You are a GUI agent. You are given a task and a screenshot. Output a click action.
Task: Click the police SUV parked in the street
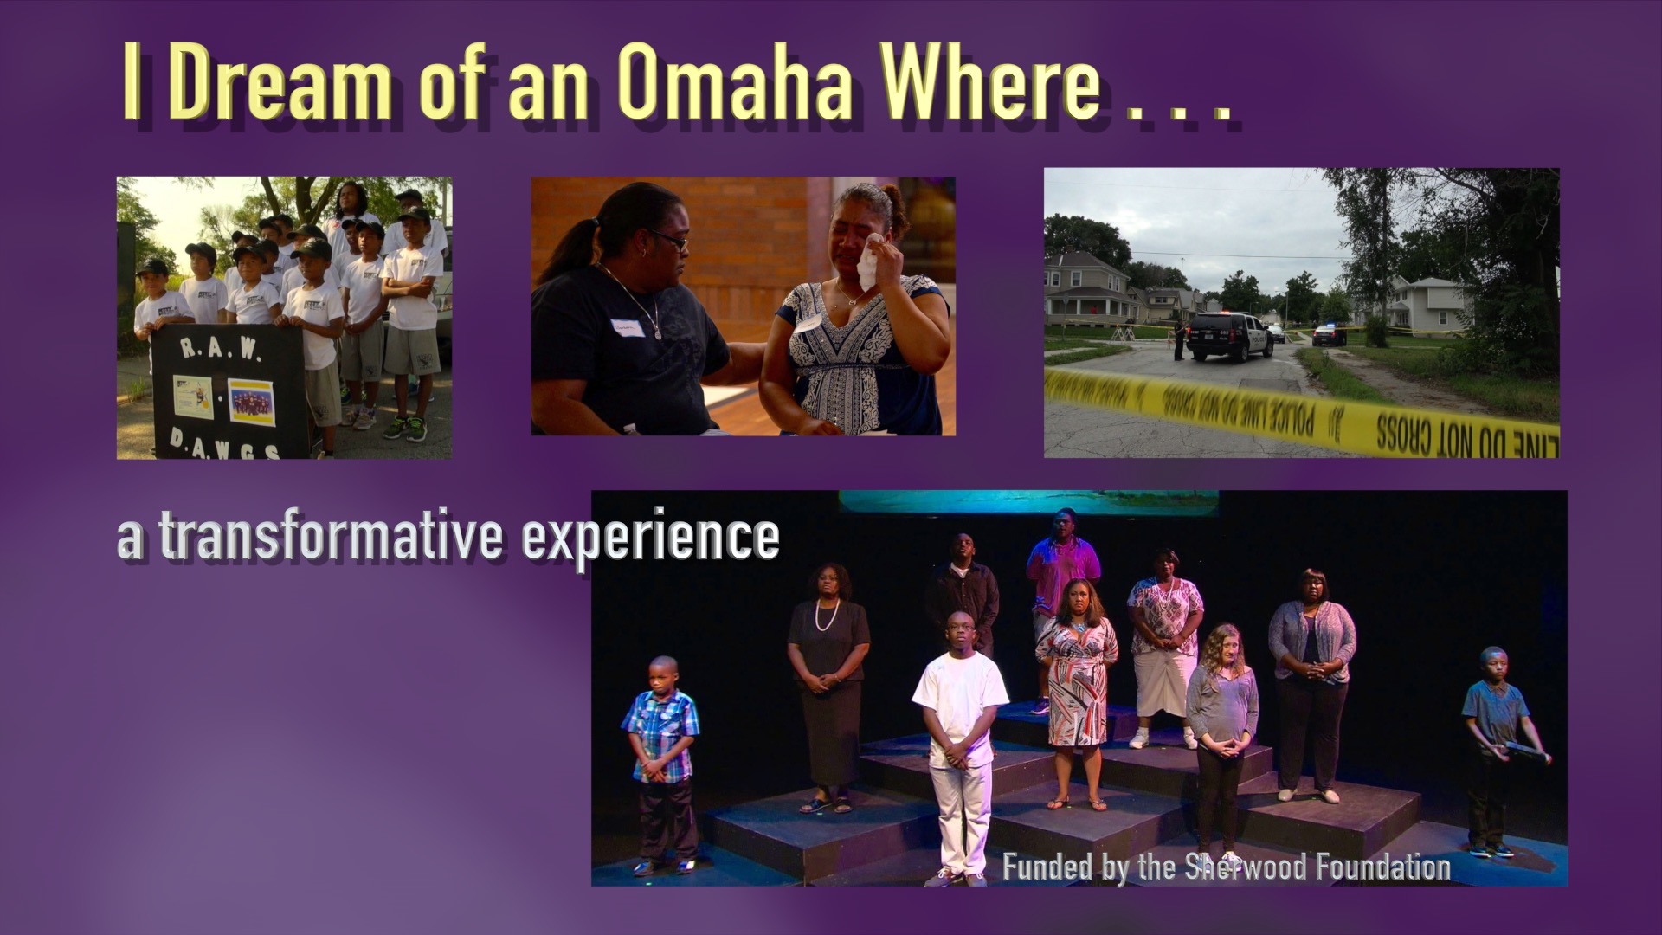coord(1229,335)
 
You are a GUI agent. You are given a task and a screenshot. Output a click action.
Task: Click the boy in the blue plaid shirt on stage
coord(660,736)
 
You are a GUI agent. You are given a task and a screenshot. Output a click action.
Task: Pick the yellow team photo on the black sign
coord(252,401)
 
